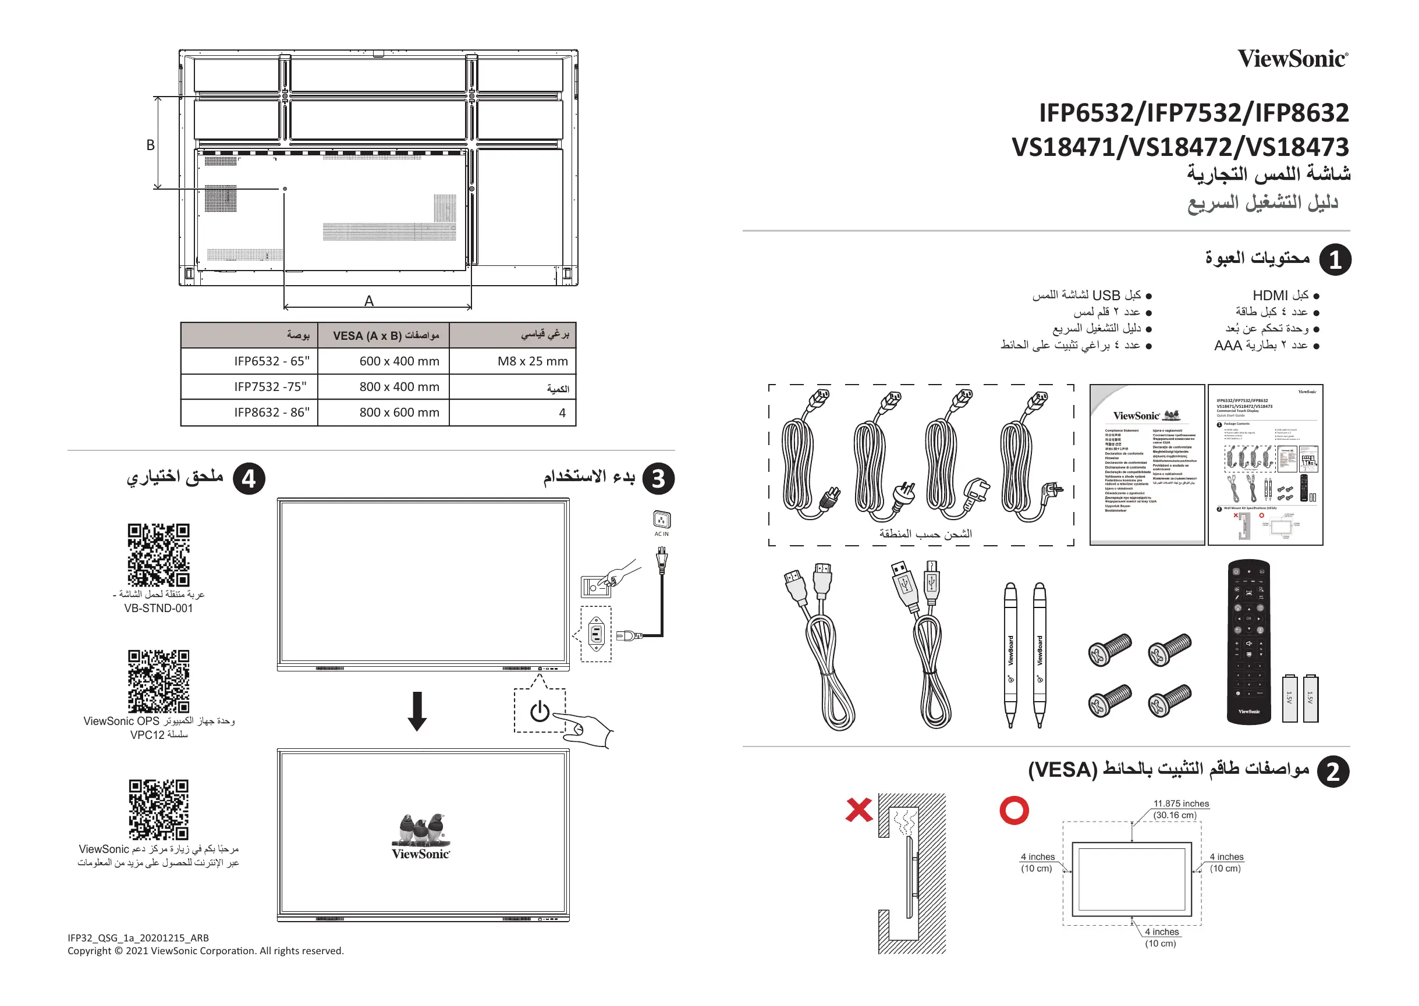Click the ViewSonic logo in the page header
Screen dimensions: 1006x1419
coord(1293,59)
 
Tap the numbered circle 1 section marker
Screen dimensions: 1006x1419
coord(1335,260)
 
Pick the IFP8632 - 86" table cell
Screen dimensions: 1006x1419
coord(271,413)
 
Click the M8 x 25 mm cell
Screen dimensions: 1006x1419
coord(533,361)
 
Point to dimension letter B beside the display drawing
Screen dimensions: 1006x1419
coord(151,145)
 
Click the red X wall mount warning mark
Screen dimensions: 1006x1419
coord(859,810)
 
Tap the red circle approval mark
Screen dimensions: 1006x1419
coord(1014,811)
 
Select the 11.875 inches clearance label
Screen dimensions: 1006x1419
coord(1180,804)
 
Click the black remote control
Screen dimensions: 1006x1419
coord(1248,642)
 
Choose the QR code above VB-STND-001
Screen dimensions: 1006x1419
coord(159,554)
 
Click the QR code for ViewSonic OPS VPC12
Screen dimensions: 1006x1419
coord(159,681)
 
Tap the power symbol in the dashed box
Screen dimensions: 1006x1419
coord(540,711)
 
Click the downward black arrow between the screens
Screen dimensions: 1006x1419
coord(417,711)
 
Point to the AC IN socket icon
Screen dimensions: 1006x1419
coord(661,519)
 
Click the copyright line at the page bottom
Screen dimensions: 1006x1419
coord(205,951)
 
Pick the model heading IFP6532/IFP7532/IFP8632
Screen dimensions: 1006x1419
coord(1193,113)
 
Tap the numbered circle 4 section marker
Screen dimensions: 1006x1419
coord(249,479)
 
